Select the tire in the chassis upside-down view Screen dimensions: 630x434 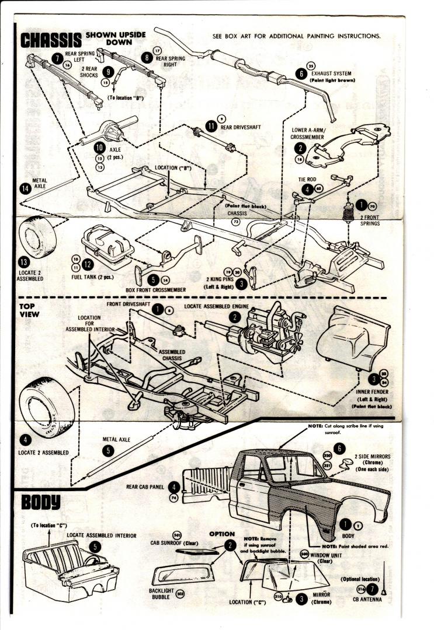click(x=38, y=239)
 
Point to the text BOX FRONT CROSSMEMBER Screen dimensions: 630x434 click(x=155, y=290)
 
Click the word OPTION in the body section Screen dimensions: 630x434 click(x=222, y=534)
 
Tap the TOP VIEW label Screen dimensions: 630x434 click(x=30, y=310)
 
